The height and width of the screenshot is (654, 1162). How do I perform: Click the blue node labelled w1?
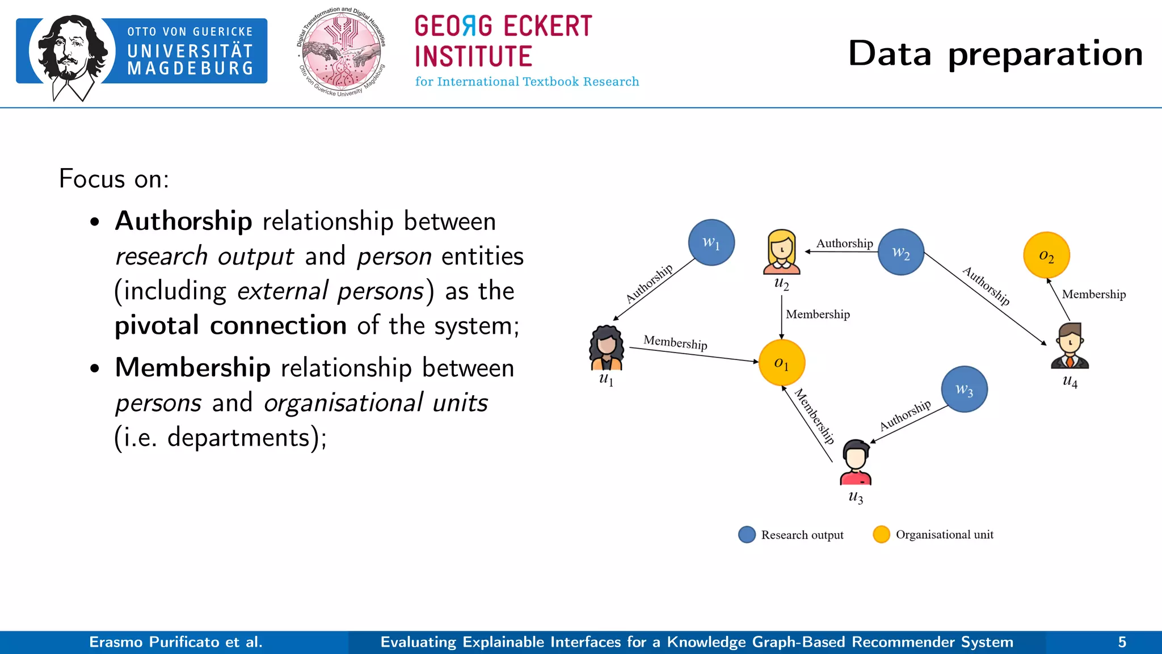711,242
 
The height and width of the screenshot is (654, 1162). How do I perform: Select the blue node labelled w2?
900,252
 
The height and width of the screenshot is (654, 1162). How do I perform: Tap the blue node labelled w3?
964,389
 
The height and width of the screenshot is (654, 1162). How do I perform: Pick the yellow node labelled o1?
781,363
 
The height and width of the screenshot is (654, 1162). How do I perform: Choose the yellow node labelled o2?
1046,255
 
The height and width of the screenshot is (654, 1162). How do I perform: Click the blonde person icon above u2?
781,251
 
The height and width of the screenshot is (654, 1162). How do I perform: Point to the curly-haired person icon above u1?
607,347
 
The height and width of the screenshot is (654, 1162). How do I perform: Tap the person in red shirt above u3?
856,462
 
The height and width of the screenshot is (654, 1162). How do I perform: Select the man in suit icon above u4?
1070,346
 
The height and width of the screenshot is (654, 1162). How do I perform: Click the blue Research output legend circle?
747,535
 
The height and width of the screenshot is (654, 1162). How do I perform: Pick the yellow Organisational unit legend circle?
881,535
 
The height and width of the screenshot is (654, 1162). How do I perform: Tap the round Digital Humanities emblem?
342,53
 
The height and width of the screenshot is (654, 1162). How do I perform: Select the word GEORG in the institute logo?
453,27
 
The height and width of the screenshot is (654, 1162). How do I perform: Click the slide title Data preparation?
995,54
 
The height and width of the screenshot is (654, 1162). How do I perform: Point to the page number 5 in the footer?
1122,642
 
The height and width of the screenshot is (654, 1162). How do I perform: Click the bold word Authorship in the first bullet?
184,221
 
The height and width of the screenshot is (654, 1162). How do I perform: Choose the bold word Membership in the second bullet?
193,367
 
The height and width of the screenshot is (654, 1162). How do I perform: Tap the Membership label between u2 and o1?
818,315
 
